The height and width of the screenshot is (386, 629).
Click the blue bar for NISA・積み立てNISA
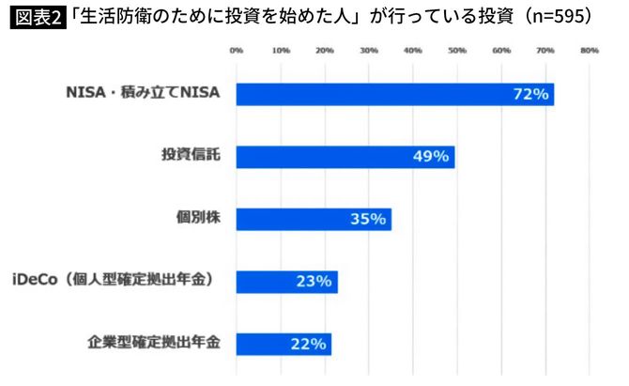(394, 94)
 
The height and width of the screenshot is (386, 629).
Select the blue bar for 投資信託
(345, 156)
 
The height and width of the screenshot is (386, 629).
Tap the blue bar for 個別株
(313, 219)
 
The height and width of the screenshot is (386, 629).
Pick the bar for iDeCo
(286, 281)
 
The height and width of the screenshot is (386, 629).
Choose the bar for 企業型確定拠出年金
(284, 344)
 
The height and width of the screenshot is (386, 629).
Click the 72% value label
(530, 94)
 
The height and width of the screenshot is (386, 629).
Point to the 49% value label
(431, 156)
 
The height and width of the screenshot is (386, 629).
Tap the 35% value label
(367, 219)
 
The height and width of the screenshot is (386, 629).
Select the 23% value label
(314, 281)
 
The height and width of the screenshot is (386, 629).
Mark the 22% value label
(308, 344)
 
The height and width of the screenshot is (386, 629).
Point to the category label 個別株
(198, 218)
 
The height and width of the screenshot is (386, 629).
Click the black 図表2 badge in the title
(38, 19)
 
